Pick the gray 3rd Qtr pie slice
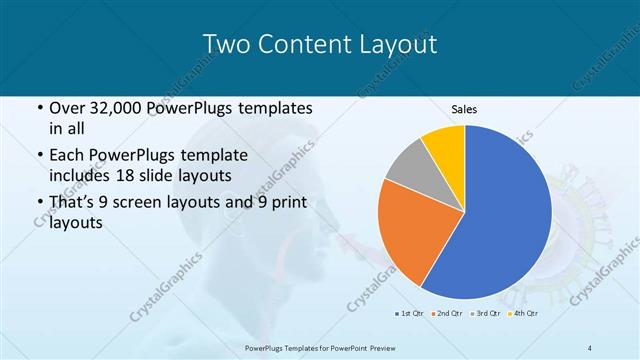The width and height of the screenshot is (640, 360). coord(407,169)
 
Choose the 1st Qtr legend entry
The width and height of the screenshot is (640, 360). coord(410,314)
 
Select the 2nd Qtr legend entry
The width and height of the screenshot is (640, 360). coord(448,314)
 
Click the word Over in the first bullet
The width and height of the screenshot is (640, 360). coord(67,108)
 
